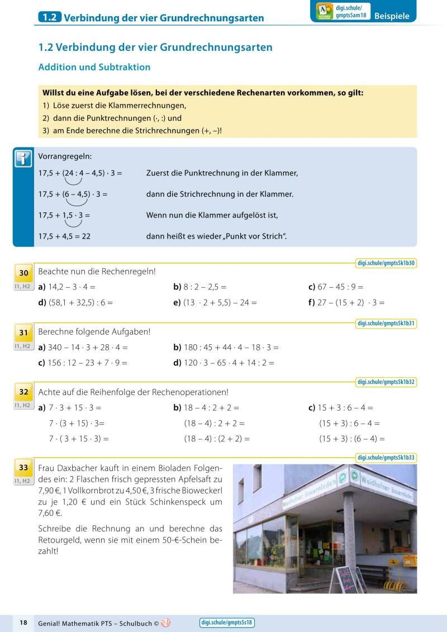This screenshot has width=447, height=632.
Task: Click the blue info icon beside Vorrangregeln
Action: (23, 159)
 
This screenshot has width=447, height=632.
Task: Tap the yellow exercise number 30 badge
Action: (23, 273)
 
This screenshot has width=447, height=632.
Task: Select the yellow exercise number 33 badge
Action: (23, 467)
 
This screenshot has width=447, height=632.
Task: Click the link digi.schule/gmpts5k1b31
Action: (386, 324)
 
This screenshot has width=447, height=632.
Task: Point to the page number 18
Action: (23, 623)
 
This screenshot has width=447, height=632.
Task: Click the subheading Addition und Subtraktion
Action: (94, 67)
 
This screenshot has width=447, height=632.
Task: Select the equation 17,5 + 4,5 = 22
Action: (64, 236)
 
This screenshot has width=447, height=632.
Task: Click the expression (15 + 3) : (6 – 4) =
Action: (351, 439)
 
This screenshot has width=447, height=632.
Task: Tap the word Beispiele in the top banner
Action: (392, 16)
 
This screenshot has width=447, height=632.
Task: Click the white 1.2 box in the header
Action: (49, 17)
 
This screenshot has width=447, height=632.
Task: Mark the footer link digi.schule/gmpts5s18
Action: (227, 623)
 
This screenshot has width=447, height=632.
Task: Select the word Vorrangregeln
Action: (65, 156)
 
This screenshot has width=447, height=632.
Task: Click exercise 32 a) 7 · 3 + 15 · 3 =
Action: (70, 408)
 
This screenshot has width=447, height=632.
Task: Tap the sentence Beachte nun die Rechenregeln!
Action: (97, 272)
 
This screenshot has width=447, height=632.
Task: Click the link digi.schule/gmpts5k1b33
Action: (386, 458)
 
